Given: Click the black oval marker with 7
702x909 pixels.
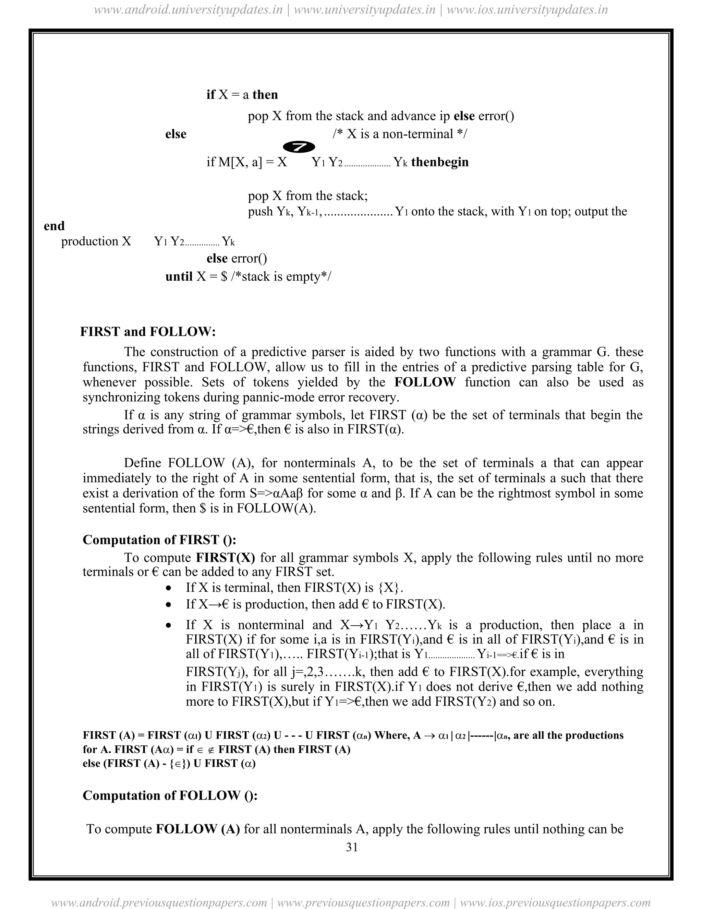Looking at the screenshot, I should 299,147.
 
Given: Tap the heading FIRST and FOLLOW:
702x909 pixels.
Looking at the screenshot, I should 148,332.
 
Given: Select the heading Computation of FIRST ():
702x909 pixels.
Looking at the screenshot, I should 159,540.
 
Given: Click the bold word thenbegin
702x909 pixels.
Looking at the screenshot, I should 439,162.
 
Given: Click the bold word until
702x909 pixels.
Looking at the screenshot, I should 179,276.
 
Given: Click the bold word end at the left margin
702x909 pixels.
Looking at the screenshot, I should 54,226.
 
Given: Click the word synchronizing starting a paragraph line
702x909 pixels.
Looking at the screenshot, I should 121,397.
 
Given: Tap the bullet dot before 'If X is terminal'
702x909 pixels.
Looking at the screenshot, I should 168,588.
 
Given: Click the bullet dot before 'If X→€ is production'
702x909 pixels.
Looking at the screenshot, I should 168,605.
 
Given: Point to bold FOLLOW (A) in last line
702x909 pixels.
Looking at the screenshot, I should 197,829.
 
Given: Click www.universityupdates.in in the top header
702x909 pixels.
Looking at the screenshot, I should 364,9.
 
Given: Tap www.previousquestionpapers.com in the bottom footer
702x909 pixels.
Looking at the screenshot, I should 363,902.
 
